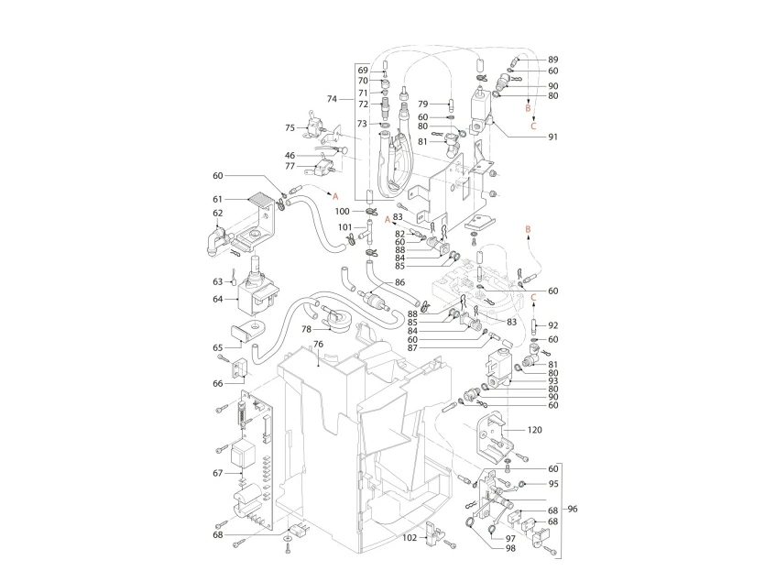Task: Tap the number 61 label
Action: coord(218,199)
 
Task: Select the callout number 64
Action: coord(218,298)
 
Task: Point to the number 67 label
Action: coord(217,473)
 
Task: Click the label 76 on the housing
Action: coord(319,345)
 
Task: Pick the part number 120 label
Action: coord(537,429)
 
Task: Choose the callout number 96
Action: coord(574,510)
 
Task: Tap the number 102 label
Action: coord(410,537)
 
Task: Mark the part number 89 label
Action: coord(553,60)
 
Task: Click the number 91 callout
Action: coord(553,137)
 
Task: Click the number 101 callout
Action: coord(344,226)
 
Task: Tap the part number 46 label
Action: coord(290,156)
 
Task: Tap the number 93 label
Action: coord(553,380)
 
